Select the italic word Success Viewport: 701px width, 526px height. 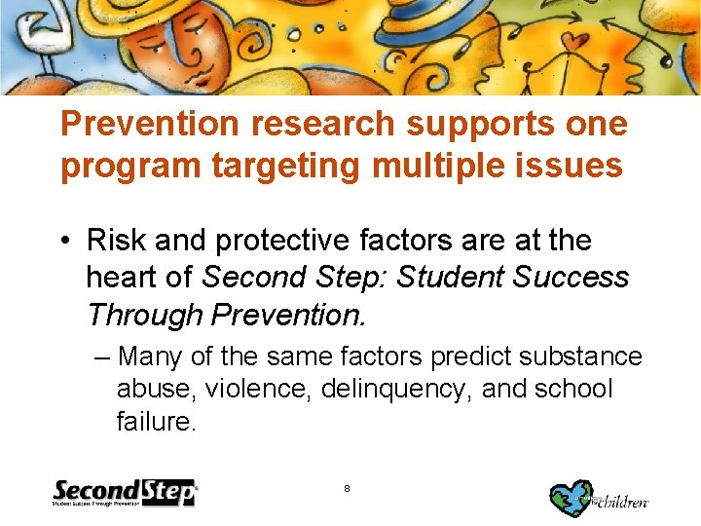[x=572, y=278]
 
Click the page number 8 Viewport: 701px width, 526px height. [x=348, y=486]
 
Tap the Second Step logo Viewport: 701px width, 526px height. [x=124, y=493]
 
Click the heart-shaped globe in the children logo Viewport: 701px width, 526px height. [x=572, y=498]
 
